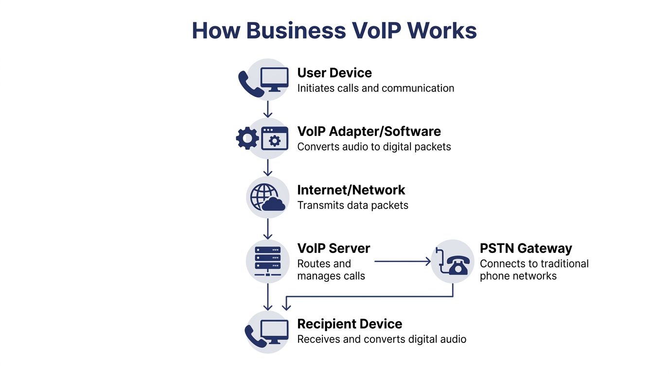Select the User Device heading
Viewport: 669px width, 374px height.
[x=334, y=73]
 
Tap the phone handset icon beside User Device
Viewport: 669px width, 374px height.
[x=250, y=83]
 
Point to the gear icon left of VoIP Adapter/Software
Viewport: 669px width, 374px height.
[x=247, y=138]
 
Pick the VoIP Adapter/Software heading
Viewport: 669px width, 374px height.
[x=369, y=131]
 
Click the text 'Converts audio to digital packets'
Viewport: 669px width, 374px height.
[x=374, y=147]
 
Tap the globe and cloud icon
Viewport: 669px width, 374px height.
[x=267, y=197]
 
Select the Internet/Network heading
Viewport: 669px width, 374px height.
[x=351, y=190]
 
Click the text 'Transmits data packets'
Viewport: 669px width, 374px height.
[x=352, y=205]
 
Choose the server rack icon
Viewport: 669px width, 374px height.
[x=267, y=260]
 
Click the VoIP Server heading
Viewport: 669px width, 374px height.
[x=334, y=248]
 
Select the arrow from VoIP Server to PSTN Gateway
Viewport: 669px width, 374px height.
[x=403, y=262]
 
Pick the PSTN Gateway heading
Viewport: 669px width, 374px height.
[x=526, y=248]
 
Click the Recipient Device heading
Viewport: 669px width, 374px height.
[x=350, y=324]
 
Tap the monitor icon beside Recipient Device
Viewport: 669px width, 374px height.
[x=274, y=332]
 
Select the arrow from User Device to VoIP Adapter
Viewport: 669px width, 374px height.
[x=267, y=109]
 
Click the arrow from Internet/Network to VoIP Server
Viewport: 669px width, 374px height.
[x=267, y=228]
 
